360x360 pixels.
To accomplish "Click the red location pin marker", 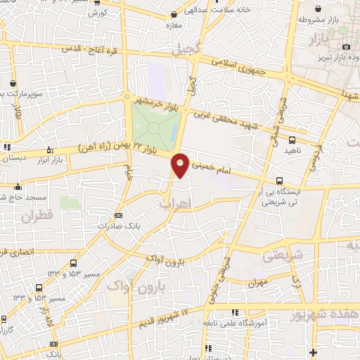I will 181,164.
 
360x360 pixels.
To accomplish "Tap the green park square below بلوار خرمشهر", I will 153,126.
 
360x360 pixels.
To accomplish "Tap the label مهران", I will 258,285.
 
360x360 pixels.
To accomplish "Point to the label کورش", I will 118,13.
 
